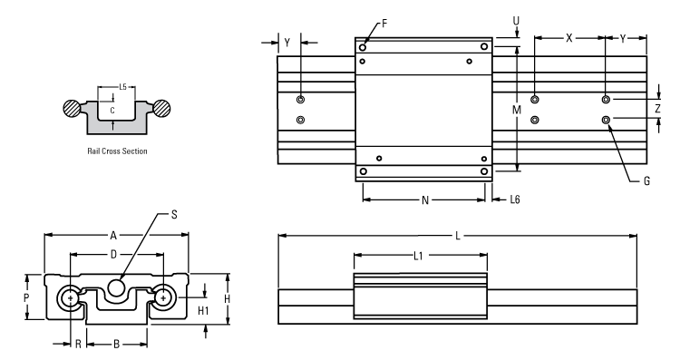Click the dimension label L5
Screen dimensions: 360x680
pyautogui.click(x=122, y=87)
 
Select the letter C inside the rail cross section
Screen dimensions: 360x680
pyautogui.click(x=112, y=110)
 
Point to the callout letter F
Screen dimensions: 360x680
pyautogui.click(x=384, y=23)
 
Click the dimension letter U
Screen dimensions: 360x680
pyautogui.click(x=516, y=19)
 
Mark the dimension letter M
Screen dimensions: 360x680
pyautogui.click(x=516, y=109)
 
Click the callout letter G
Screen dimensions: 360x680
pyautogui.click(x=646, y=181)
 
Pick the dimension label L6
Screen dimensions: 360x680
pyautogui.click(x=515, y=198)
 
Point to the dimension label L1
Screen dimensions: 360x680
pyautogui.click(x=418, y=256)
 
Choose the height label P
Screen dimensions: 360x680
pyautogui.click(x=26, y=297)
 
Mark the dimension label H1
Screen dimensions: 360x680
pyautogui.click(x=204, y=310)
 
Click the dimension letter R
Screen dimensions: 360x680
pyautogui.click(x=79, y=345)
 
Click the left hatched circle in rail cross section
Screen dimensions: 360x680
pyautogui.click(x=71, y=107)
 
